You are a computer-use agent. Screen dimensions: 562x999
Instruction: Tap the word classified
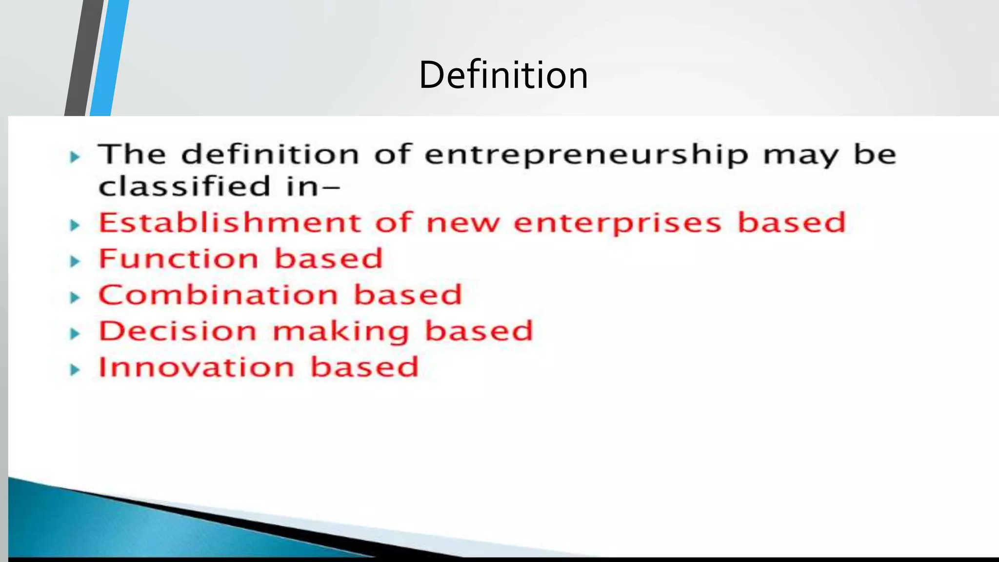pyautogui.click(x=184, y=186)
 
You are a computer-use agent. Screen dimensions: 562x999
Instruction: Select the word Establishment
pyautogui.click(x=230, y=222)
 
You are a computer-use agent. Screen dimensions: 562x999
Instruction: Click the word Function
pyautogui.click(x=178, y=259)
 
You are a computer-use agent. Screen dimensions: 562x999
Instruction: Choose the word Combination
pyautogui.click(x=218, y=295)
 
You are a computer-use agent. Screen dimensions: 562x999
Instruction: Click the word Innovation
pyautogui.click(x=197, y=367)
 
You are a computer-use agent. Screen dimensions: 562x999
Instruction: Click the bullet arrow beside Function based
pyautogui.click(x=75, y=261)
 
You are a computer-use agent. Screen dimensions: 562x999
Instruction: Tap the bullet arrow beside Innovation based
pyautogui.click(x=75, y=370)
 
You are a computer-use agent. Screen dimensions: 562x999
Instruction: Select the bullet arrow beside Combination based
pyautogui.click(x=75, y=298)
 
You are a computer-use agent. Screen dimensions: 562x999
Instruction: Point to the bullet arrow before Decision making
pyautogui.click(x=75, y=334)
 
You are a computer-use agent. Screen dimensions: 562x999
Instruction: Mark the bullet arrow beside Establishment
pyautogui.click(x=75, y=225)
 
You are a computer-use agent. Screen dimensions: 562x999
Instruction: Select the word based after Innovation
pyautogui.click(x=364, y=367)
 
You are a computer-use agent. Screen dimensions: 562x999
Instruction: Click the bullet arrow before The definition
pyautogui.click(x=75, y=157)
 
